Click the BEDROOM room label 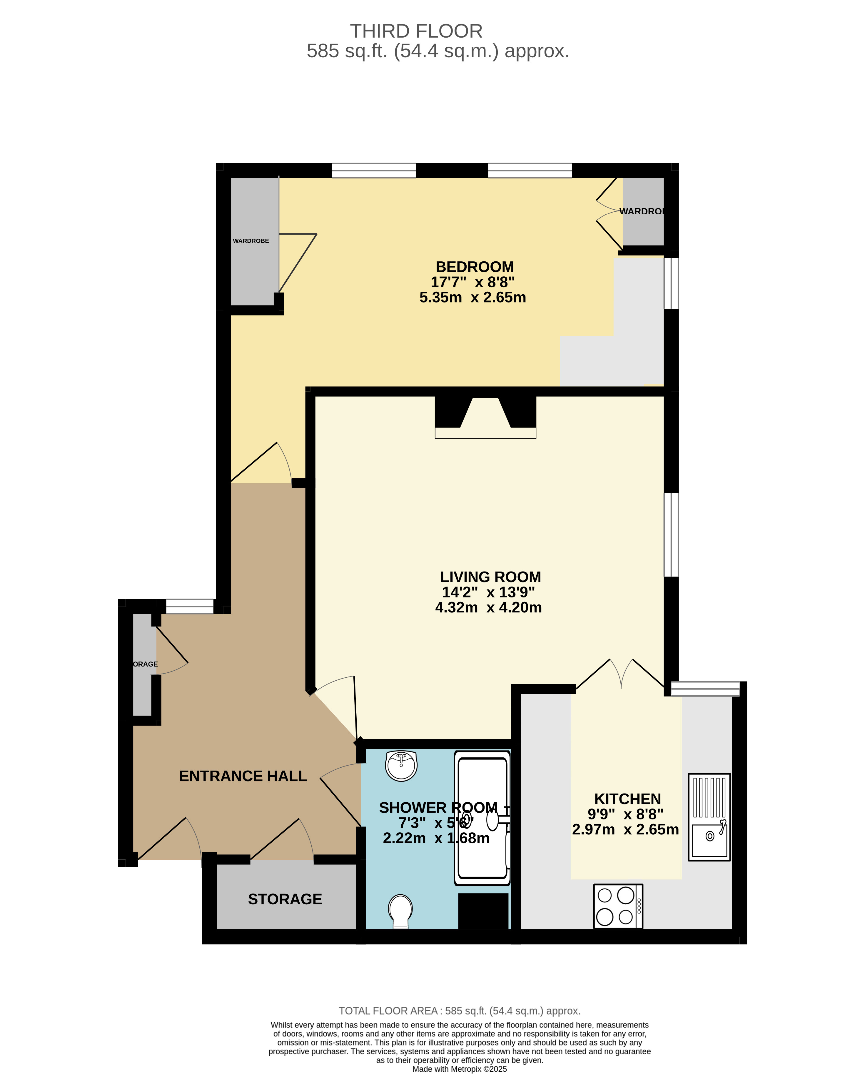pyautogui.click(x=474, y=267)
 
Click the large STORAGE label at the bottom pyautogui.click(x=285, y=899)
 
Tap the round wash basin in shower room pyautogui.click(x=401, y=766)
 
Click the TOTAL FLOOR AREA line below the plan pyautogui.click(x=460, y=1011)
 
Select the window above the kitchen pyautogui.click(x=705, y=689)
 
